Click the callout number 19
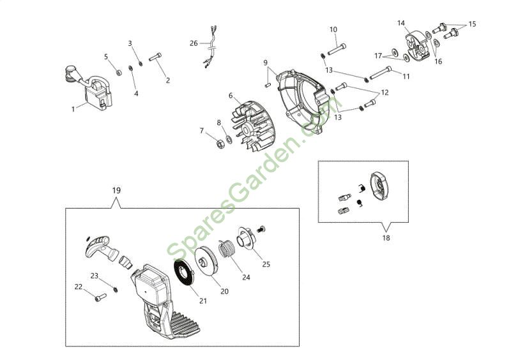[116, 190]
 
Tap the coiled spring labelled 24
[229, 248]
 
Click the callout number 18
[386, 237]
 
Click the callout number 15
[472, 24]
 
